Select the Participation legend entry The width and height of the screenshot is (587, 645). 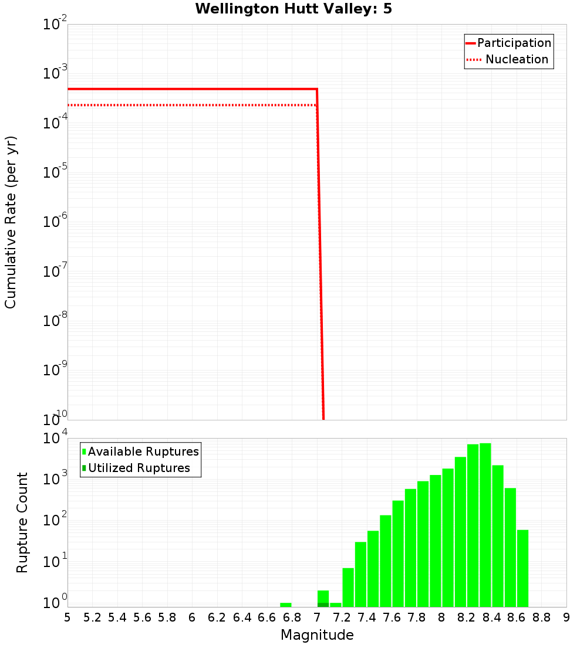pos(514,43)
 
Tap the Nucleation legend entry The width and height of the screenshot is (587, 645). pos(516,60)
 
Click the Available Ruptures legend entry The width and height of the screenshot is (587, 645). pos(143,452)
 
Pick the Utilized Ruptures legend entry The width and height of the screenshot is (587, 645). pos(139,469)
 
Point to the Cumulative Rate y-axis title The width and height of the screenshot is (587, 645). pos(11,222)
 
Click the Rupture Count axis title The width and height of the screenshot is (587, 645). pos(22,522)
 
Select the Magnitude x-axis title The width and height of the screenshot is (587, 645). pos(317,635)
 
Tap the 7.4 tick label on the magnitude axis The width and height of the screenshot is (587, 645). pos(367,617)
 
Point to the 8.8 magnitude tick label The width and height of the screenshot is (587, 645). pos(541,617)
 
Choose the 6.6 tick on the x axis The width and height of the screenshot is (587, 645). pos(267,617)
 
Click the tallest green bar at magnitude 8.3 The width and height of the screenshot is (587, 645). pos(485,525)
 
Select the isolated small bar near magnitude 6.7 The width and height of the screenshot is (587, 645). pos(286,605)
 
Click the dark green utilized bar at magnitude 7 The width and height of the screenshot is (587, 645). pos(323,605)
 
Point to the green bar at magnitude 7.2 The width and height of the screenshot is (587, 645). pos(348,587)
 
